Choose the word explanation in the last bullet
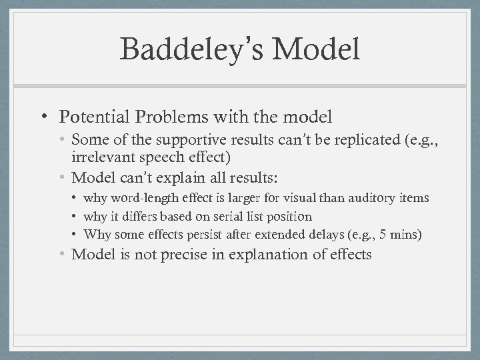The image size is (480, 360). point(263,254)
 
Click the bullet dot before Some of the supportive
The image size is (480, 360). point(63,139)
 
